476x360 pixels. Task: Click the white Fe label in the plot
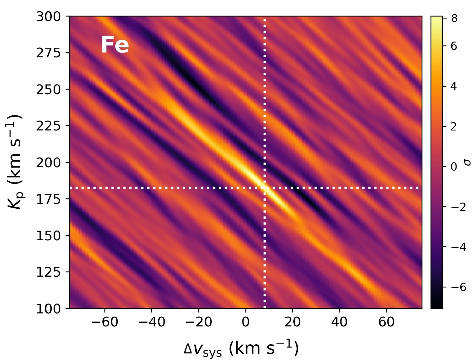(115, 45)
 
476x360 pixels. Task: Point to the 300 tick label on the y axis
(49, 17)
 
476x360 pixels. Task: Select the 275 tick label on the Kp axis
(49, 53)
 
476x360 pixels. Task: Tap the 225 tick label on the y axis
(49, 126)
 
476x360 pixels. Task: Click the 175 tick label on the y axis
(49, 199)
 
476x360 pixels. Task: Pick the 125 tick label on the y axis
(49, 272)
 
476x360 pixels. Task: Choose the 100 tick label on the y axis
(49, 309)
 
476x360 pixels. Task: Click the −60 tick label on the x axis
(104, 322)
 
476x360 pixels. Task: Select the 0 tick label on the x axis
(245, 322)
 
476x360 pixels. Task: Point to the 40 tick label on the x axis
(339, 322)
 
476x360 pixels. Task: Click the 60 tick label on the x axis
(386, 322)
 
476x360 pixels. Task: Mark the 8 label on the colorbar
(454, 18)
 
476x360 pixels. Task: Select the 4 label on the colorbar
(454, 87)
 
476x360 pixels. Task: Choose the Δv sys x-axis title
(241, 349)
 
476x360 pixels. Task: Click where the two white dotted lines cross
(265, 188)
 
